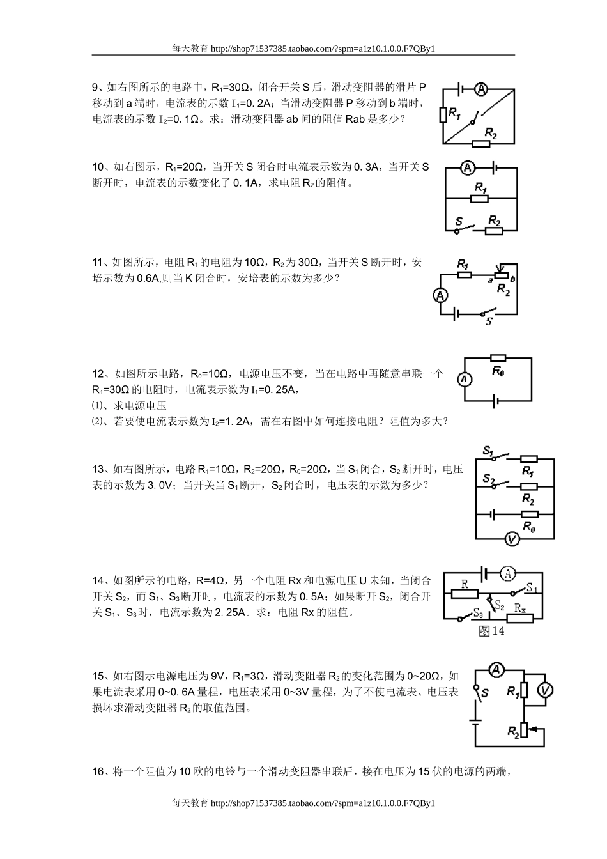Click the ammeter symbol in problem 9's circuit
coord(483,88)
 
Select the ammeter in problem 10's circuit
coord(468,168)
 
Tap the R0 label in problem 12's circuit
coord(498,371)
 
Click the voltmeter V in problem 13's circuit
coord(511,539)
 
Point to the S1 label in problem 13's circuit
coord(489,451)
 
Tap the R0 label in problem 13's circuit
coord(528,526)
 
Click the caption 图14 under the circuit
coord(491,631)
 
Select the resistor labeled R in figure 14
coord(465,593)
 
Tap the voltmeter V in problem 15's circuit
coord(544,690)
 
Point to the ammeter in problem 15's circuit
coord(497,670)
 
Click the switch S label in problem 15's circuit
coord(486,693)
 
